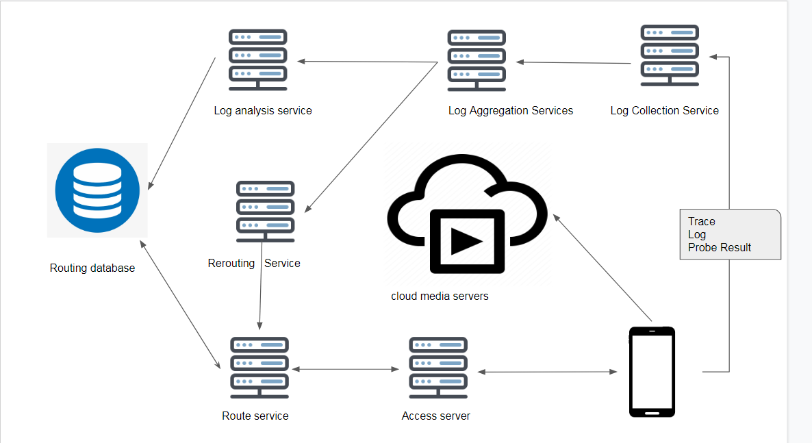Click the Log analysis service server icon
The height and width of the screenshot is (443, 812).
[257, 60]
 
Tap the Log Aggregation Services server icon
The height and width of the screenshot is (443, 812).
[477, 60]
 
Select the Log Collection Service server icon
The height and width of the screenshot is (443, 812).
[670, 55]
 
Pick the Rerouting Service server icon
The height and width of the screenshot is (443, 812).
[265, 211]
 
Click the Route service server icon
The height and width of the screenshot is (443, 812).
[259, 368]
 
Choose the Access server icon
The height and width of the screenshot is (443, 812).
[438, 368]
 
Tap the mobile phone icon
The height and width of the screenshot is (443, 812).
[652, 372]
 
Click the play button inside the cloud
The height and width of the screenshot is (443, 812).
[466, 240]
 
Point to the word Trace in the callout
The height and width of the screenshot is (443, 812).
[702, 222]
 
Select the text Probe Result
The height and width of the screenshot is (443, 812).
[720, 248]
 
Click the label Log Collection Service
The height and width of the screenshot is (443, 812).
[664, 111]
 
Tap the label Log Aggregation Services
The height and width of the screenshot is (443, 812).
[511, 111]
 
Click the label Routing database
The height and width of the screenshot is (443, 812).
[92, 268]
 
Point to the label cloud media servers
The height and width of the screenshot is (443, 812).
[440, 296]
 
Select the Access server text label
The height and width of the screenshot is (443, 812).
[436, 416]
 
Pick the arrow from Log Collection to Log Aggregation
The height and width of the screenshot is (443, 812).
[574, 62]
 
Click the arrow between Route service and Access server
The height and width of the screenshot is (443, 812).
[346, 370]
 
